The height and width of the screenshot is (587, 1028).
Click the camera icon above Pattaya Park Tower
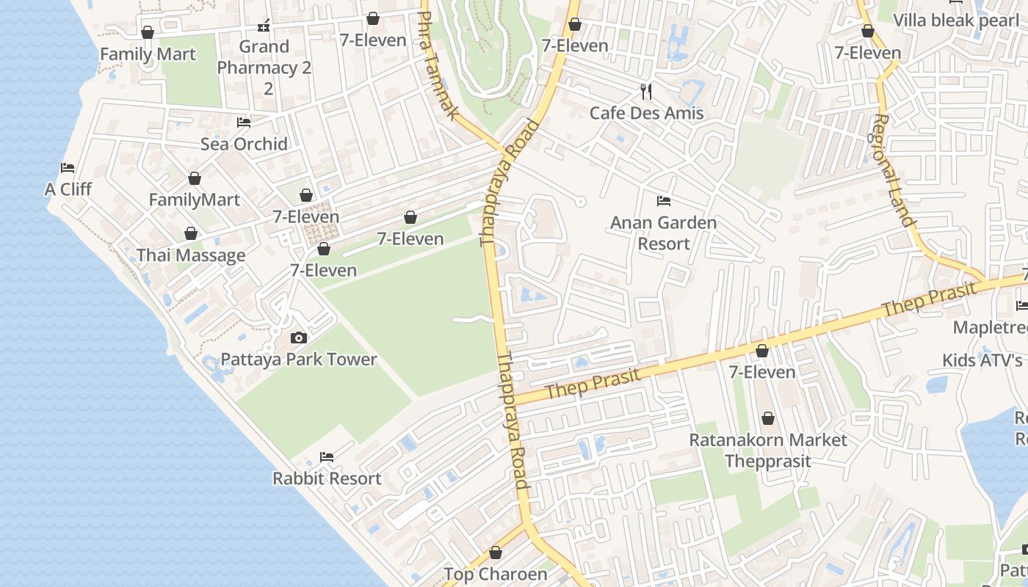point(299,338)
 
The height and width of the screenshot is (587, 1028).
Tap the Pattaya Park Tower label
point(299,360)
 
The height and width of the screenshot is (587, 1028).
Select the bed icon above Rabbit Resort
point(327,456)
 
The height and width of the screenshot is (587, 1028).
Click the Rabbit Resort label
point(327,478)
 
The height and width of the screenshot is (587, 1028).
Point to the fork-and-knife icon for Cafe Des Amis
point(646,91)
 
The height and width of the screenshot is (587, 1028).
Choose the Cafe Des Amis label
point(646,113)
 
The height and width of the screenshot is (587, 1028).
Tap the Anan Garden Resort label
point(664,233)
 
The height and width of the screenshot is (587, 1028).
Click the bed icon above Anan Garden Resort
point(664,200)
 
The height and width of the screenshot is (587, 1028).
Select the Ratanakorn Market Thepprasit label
point(767,451)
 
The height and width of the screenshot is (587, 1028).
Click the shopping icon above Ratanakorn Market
point(767,418)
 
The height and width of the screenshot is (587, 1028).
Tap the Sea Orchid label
point(244,144)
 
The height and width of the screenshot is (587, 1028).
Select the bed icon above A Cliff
point(68,167)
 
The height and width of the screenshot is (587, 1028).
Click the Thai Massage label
point(191,255)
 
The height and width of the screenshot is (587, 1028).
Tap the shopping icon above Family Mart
point(148,32)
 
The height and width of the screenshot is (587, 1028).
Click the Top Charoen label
point(496,574)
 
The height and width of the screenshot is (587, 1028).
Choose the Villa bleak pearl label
point(956,20)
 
